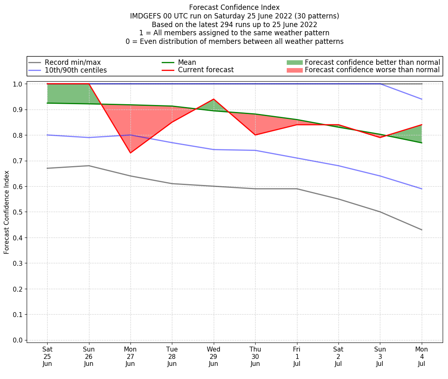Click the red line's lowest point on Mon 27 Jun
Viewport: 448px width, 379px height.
130,153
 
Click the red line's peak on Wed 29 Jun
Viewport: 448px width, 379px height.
214,99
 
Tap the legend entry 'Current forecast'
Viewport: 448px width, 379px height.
206,70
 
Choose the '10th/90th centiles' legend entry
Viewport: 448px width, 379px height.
75,70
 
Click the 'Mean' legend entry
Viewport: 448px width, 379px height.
187,62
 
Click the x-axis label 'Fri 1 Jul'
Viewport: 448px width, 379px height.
297,356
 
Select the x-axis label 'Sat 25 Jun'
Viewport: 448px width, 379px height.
47,356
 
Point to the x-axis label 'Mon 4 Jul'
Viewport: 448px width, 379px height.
421,356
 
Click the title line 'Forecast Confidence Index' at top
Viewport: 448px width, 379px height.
234,7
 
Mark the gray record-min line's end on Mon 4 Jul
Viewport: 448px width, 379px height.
421,230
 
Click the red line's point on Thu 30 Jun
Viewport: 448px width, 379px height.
255,135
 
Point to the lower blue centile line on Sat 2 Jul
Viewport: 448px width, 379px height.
338,166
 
